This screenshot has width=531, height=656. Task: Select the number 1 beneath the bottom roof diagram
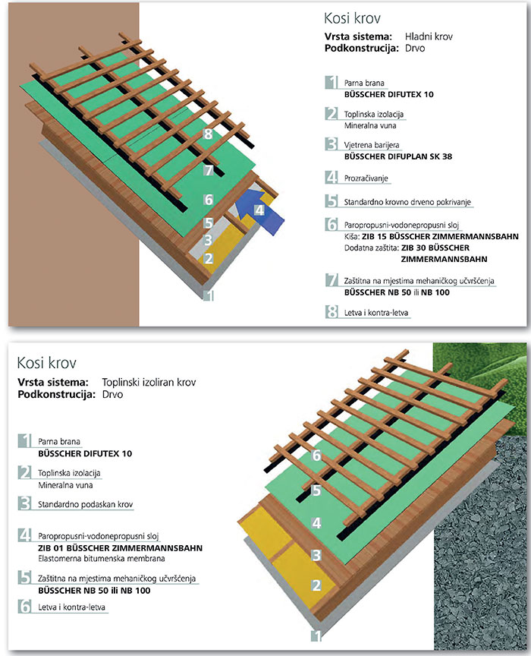coord(317,636)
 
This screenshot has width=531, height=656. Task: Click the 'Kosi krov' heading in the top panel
coord(347,17)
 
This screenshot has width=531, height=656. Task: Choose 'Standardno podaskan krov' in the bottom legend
coord(82,504)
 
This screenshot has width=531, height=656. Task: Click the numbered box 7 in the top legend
coord(331,281)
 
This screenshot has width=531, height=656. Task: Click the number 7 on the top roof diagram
coord(209,169)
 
